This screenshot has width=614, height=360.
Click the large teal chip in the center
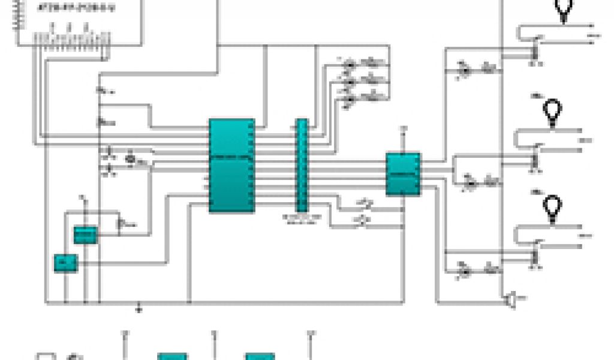231,166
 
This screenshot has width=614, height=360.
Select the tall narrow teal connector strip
302,165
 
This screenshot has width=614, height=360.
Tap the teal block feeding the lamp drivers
402,174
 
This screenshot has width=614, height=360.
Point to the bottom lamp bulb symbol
551,207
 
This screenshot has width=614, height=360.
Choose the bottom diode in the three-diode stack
349,100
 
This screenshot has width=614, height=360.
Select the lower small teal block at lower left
65,263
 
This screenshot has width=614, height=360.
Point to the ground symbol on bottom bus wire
139,309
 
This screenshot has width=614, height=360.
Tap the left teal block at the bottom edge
172,356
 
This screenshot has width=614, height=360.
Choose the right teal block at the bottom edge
260,356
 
